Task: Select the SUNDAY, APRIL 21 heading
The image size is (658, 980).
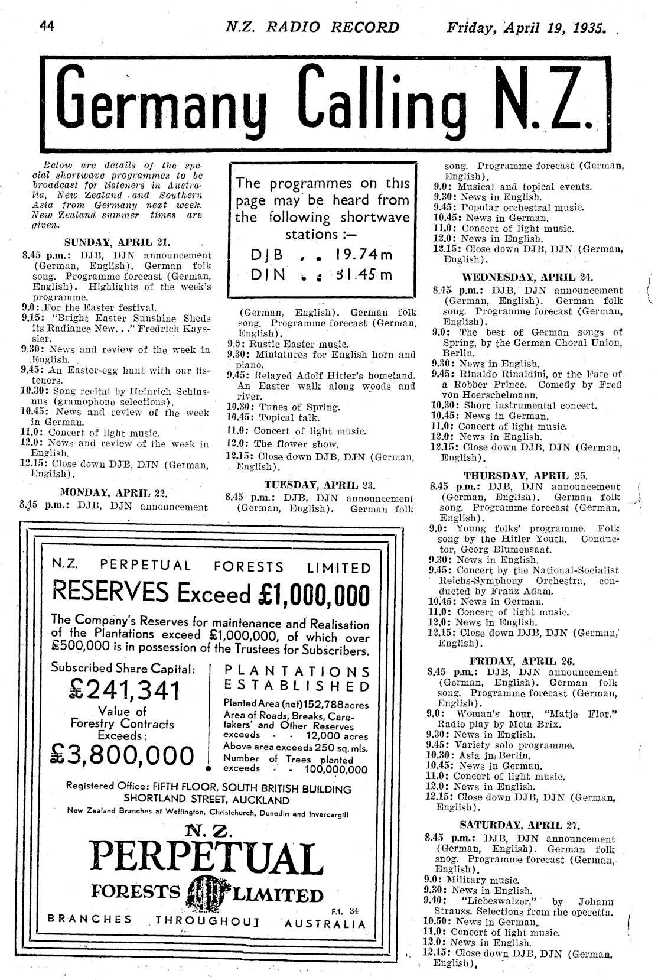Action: pos(117,242)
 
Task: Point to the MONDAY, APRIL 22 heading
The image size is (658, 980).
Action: pos(115,492)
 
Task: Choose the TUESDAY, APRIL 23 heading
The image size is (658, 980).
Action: pos(320,485)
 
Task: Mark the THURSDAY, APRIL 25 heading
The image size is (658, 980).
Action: pos(525,475)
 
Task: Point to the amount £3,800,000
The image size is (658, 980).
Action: pos(123,756)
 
